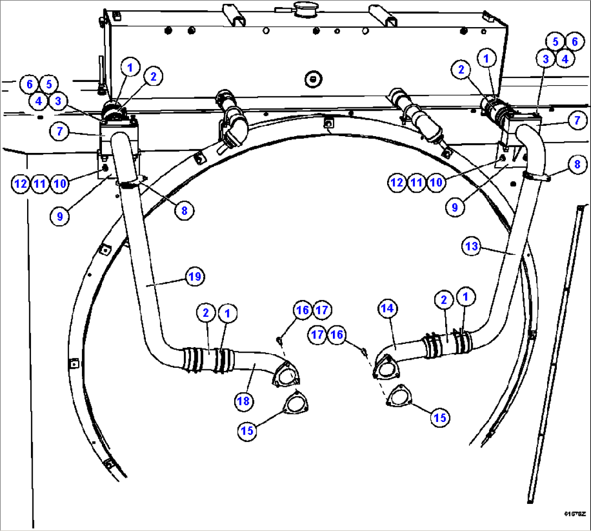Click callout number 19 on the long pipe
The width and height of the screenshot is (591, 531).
point(195,277)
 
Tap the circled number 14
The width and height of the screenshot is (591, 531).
point(387,309)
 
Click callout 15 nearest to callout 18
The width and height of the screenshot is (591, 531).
point(248,431)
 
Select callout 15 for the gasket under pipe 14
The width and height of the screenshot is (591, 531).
point(440,417)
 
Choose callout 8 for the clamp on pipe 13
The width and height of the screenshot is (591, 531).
point(577,163)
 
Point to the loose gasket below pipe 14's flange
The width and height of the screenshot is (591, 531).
point(399,395)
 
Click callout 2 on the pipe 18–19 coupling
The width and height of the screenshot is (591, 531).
point(205,313)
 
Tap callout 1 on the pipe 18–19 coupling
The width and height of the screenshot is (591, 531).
point(227,313)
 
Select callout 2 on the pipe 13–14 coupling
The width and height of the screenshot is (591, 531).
point(444,299)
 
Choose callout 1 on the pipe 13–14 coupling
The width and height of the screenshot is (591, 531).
point(465,297)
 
